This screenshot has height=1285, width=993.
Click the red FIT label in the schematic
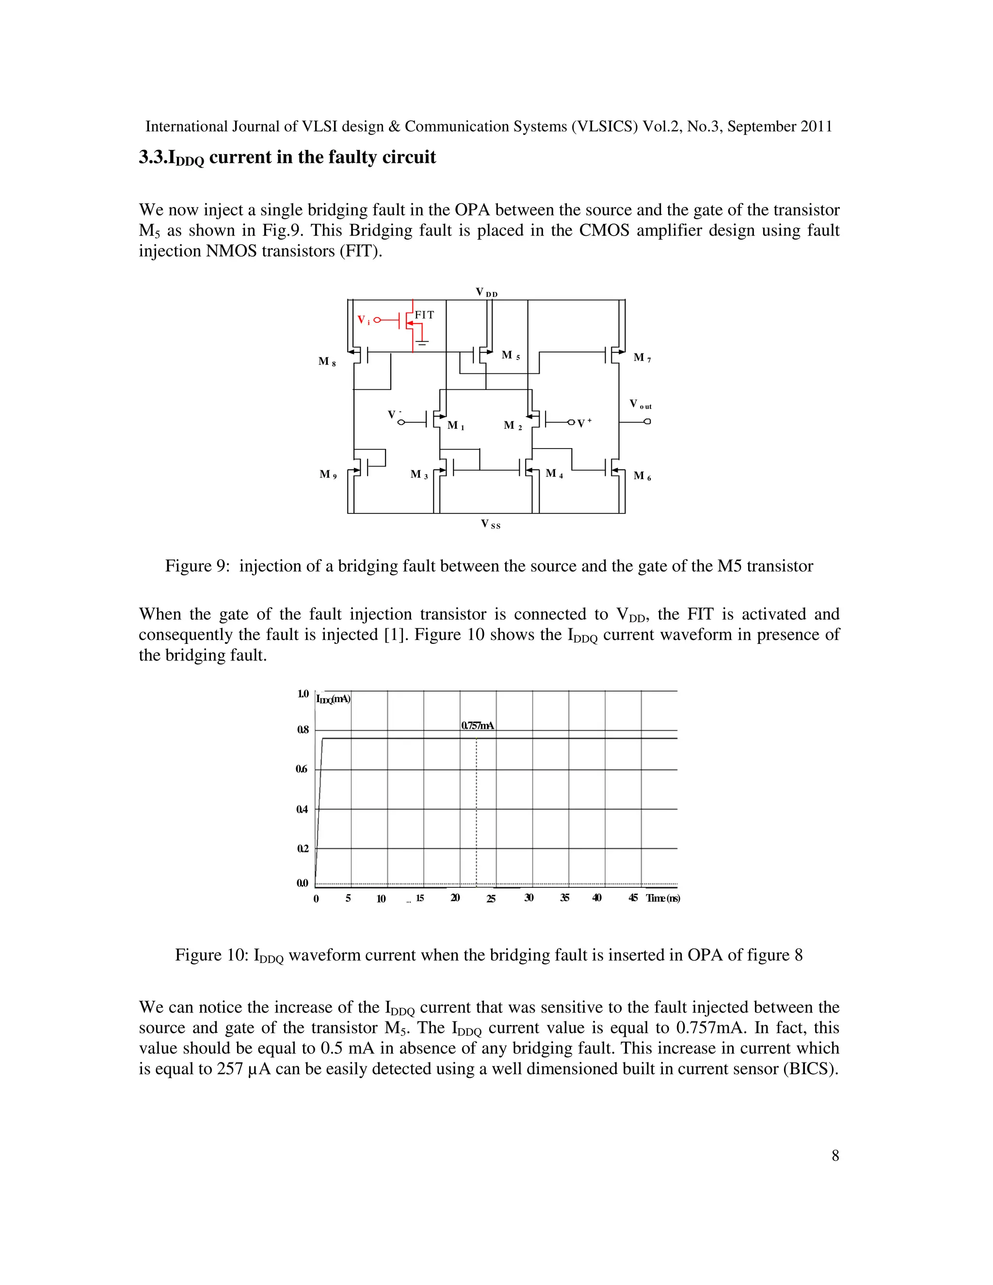click(x=424, y=315)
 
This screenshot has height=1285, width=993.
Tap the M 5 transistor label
click(x=510, y=355)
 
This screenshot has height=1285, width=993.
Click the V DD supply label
click(x=486, y=292)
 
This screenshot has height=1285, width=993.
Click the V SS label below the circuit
click(x=491, y=524)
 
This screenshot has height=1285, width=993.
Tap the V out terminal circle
click(x=647, y=421)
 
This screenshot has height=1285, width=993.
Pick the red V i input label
click(x=364, y=320)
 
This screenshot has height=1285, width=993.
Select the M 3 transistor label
click(x=419, y=475)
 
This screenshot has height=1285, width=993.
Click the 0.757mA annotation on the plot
click(x=478, y=725)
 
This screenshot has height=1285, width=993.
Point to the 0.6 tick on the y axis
click(x=302, y=769)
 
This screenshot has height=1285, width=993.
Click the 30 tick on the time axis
click(x=529, y=898)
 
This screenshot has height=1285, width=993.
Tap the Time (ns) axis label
click(x=663, y=898)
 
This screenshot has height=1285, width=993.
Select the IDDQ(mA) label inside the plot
click(x=333, y=699)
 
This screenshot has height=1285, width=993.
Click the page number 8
click(x=835, y=1156)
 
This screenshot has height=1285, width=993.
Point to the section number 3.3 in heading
click(x=153, y=157)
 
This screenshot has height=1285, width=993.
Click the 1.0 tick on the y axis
click(x=303, y=694)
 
